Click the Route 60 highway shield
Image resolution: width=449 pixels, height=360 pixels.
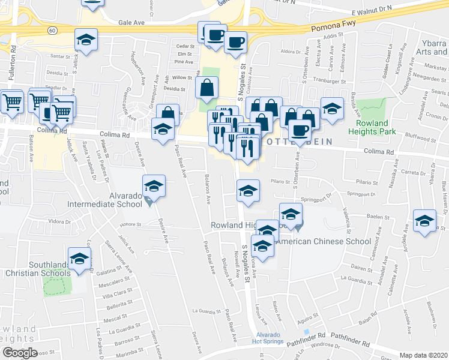(52, 29)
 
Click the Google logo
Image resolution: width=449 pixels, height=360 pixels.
(20, 353)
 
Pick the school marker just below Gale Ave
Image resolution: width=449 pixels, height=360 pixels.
(86, 40)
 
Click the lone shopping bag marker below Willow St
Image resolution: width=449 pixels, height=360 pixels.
(207, 88)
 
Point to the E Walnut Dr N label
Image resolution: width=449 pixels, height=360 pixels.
(375, 11)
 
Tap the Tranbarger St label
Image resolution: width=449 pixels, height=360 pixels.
(331, 80)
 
